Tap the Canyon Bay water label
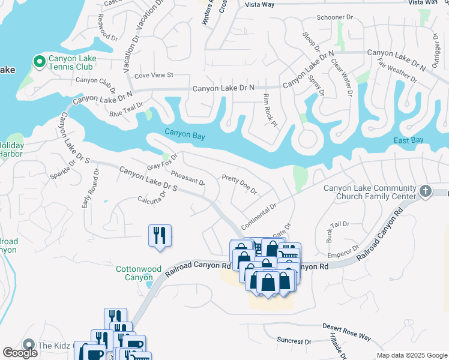[185, 136]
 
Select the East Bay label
[409, 140]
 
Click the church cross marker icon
[426, 191]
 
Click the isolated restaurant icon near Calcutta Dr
[160, 235]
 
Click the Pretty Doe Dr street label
[239, 185]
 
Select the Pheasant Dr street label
[187, 178]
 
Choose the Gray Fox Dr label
[163, 163]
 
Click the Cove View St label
[154, 75]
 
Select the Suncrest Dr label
[294, 340]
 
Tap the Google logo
[20, 353]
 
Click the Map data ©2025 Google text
[412, 355]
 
